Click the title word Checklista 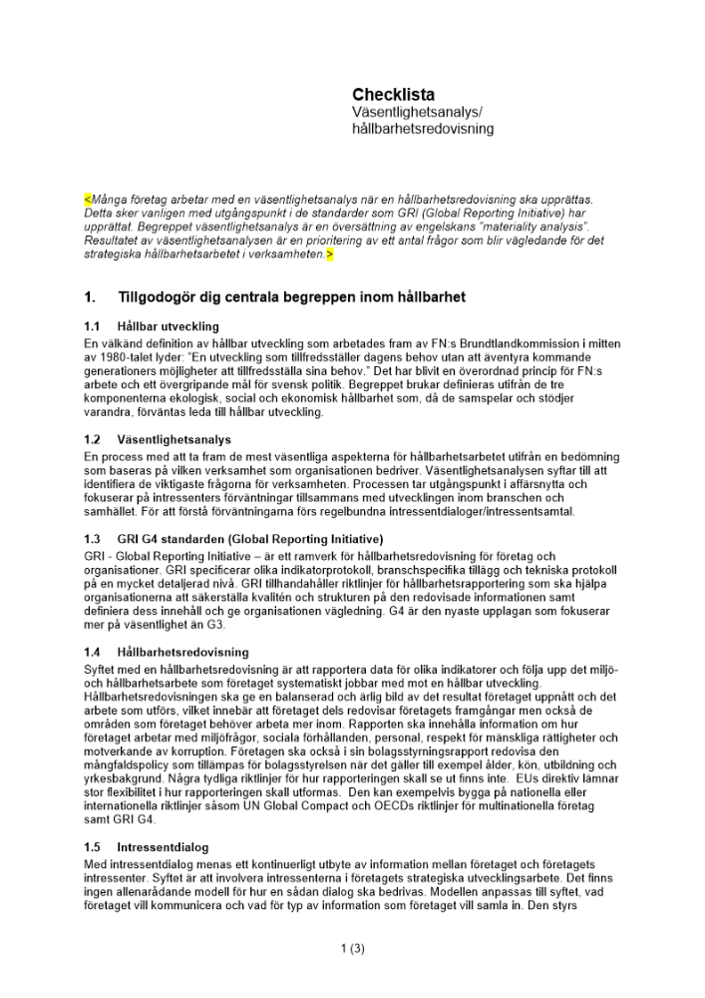coord(393,95)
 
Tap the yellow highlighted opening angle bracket coord(87,201)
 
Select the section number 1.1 coord(93,326)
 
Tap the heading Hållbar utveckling coord(168,326)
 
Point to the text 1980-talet coord(130,356)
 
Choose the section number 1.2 coord(93,439)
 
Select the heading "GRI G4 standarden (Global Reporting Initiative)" coord(249,538)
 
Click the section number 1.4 coord(93,652)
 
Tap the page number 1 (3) coord(352,949)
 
